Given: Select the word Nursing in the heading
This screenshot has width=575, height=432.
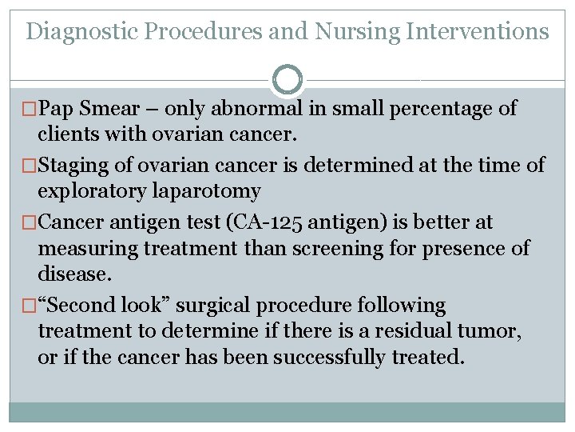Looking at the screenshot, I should pyautogui.click(x=359, y=32).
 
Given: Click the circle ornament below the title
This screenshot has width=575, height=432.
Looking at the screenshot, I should pyautogui.click(x=287, y=80).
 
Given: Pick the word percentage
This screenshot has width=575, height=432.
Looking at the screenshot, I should pyautogui.click(x=442, y=109).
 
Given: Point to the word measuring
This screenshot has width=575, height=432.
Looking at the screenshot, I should pyautogui.click(x=88, y=249).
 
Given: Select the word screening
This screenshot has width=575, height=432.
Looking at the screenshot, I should pyautogui.click(x=323, y=249).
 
